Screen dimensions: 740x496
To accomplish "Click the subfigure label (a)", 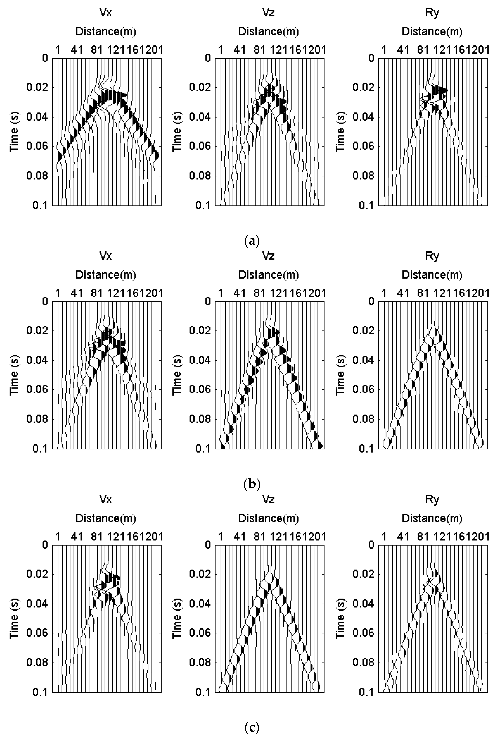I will (x=252, y=241).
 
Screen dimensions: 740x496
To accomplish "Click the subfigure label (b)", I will (x=252, y=484).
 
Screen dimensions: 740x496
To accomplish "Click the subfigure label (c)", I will (x=252, y=727).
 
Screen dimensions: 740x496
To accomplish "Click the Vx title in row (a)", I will (x=106, y=13).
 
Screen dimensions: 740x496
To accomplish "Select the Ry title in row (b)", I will (x=432, y=256).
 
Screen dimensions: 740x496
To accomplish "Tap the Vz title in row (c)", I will (x=269, y=499).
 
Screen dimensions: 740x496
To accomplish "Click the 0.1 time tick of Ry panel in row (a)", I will (x=367, y=205).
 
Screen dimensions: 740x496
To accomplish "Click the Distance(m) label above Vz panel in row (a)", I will (x=269, y=32).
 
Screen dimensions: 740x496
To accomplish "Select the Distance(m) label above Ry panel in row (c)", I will (x=432, y=518).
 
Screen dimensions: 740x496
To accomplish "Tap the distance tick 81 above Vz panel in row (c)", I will (x=259, y=536).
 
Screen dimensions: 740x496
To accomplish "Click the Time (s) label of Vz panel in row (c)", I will (x=177, y=618).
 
